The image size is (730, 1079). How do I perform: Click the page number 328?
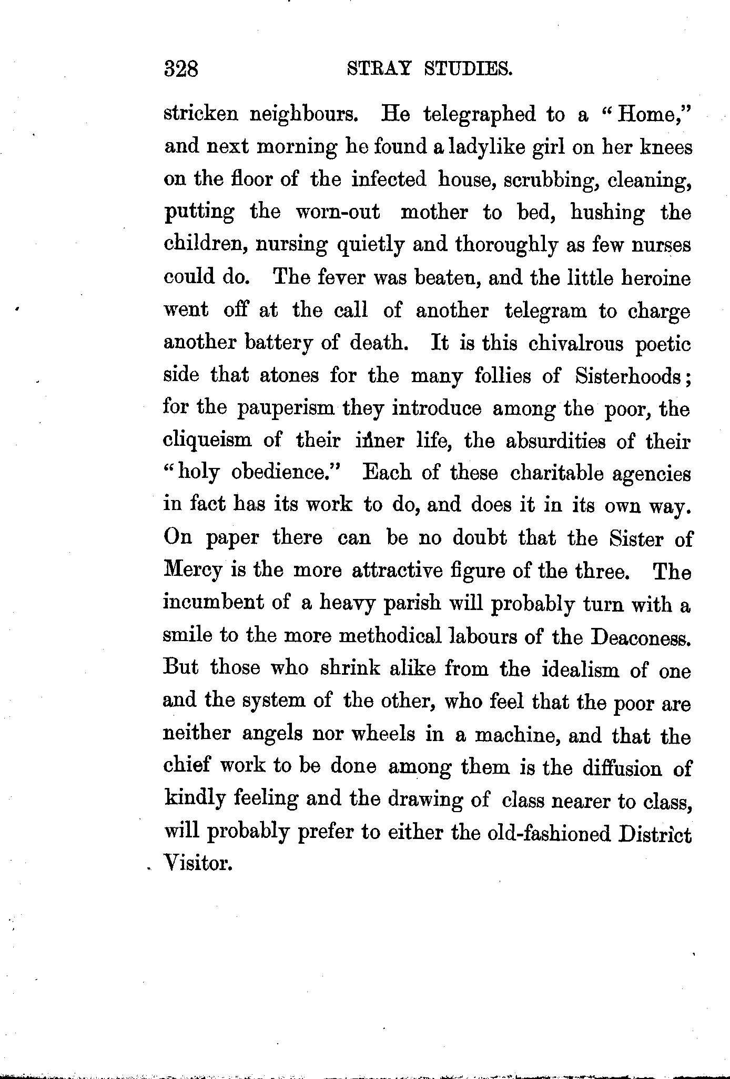pos(180,69)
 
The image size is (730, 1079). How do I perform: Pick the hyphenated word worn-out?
pos(338,212)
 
